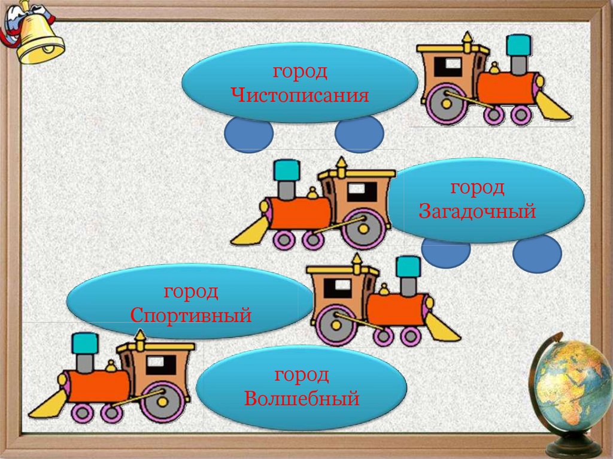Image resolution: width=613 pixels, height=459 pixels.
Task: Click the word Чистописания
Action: pos(300,96)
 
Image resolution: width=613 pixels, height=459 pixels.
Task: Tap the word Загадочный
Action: pos(477,212)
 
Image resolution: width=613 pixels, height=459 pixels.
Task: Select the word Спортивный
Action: pos(191,315)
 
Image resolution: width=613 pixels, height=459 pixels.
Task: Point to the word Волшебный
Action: pos(302,399)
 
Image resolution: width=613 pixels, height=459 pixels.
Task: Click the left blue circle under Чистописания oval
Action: pos(248,133)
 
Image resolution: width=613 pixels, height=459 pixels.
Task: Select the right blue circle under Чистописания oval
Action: pos(359,133)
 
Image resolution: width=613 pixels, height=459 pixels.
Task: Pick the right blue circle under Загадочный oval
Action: pos(537,253)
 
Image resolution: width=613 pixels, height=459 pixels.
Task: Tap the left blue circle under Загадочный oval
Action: pos(446,251)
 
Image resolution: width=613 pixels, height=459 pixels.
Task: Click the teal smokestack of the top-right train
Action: pos(519,45)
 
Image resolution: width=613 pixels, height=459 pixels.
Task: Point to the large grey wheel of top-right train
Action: pos(446,103)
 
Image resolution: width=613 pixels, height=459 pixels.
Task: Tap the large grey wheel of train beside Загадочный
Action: pos(363,227)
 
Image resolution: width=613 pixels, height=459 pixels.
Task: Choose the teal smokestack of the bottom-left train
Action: pos(85,345)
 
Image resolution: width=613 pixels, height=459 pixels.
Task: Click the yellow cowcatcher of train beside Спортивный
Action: pos(442,327)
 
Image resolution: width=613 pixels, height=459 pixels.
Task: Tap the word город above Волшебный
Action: pos(302,375)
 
